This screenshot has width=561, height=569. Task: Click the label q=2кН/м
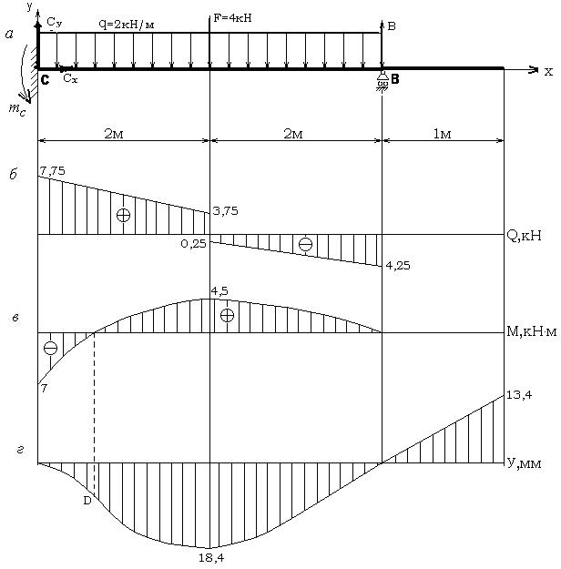tap(127, 25)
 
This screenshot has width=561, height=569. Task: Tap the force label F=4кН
tap(233, 18)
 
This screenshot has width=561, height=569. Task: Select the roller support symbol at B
tap(382, 82)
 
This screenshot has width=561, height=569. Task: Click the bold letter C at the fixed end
tap(45, 80)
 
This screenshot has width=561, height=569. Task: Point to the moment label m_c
tap(17, 109)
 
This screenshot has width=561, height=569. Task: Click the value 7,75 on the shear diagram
tap(53, 170)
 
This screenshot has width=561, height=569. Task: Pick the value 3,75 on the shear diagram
tap(226, 211)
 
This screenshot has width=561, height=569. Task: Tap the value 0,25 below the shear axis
tap(194, 243)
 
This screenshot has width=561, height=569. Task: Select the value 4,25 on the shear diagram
tap(398, 266)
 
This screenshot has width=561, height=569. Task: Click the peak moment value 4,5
tap(219, 291)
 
